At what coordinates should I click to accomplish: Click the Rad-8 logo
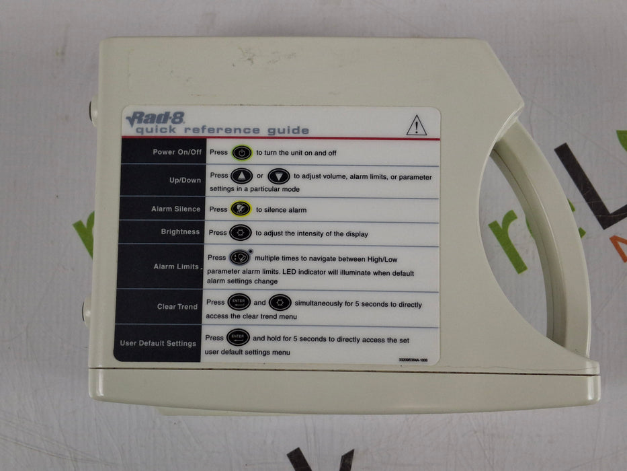click(x=155, y=118)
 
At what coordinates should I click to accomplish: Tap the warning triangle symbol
click(x=417, y=125)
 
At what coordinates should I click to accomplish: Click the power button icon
click(x=242, y=153)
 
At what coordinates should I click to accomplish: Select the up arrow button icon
click(x=241, y=176)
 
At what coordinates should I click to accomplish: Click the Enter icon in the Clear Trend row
click(x=239, y=303)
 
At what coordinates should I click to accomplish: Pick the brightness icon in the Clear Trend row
click(x=280, y=303)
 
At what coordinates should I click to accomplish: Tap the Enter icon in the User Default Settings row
click(x=238, y=338)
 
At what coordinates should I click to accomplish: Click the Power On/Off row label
click(x=177, y=152)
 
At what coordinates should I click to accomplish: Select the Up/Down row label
click(x=185, y=180)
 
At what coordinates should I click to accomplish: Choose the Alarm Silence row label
click(x=175, y=209)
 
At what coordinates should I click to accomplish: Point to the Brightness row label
click(x=181, y=232)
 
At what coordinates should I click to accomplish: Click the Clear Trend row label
click(x=177, y=307)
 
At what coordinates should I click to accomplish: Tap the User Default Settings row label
click(x=158, y=343)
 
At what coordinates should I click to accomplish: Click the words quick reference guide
click(x=222, y=131)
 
